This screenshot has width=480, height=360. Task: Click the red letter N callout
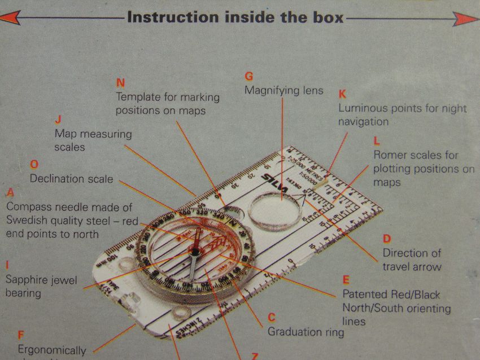120,82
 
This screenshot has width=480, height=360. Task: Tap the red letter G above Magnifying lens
248,76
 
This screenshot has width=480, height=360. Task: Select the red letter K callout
342,93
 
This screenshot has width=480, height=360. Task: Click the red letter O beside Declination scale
34,165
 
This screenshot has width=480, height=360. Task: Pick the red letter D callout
387,239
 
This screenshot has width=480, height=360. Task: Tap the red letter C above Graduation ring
271,318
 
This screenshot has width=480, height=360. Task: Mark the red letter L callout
377,141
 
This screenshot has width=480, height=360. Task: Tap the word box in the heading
326,17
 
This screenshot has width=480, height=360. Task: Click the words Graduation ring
306,332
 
